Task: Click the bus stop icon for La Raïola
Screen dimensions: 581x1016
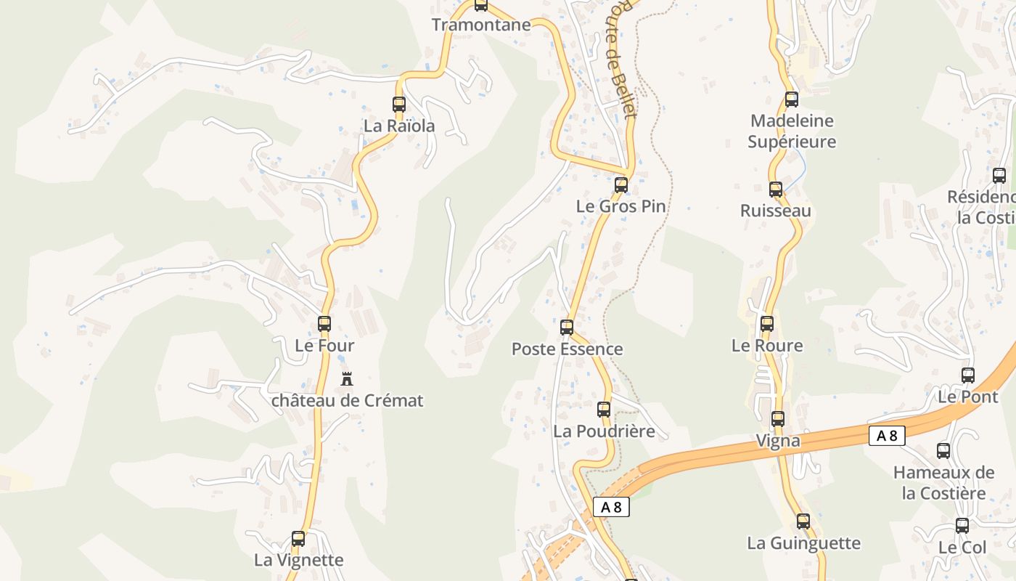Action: (x=398, y=105)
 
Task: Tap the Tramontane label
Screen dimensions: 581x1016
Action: (x=481, y=25)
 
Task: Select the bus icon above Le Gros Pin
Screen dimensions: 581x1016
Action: (x=620, y=185)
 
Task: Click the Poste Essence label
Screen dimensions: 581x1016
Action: (x=567, y=349)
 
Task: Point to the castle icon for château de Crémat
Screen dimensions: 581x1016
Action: (x=347, y=378)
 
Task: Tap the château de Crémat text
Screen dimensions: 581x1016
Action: (x=347, y=400)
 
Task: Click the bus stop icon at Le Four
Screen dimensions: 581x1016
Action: (x=324, y=324)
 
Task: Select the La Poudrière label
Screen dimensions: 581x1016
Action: (x=604, y=431)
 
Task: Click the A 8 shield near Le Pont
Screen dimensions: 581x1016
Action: (x=887, y=436)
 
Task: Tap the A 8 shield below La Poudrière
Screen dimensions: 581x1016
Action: (x=611, y=507)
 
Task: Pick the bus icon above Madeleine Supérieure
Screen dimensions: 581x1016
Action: (x=791, y=99)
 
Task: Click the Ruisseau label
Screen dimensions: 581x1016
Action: (x=775, y=211)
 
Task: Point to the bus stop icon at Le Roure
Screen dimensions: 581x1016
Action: (x=767, y=324)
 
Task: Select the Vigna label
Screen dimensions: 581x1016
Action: (x=778, y=440)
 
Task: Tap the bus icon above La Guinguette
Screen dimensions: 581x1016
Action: (x=803, y=521)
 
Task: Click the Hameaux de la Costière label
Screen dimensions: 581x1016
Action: (x=943, y=483)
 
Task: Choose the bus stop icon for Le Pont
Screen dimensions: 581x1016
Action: (x=968, y=375)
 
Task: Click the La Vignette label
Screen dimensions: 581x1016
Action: (x=298, y=560)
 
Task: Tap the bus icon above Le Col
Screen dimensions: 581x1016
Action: (x=962, y=526)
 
